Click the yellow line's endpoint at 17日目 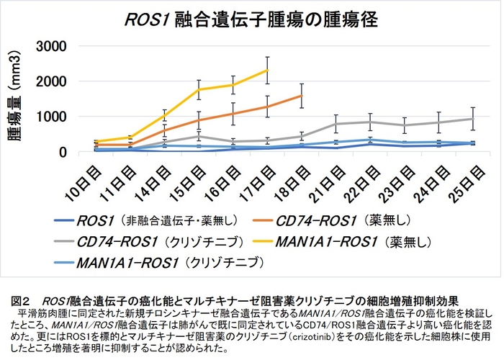point(268,70)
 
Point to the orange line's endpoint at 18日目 point(302,95)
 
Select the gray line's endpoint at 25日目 point(472,119)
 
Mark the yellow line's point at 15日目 point(199,90)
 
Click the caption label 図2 point(22,298)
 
